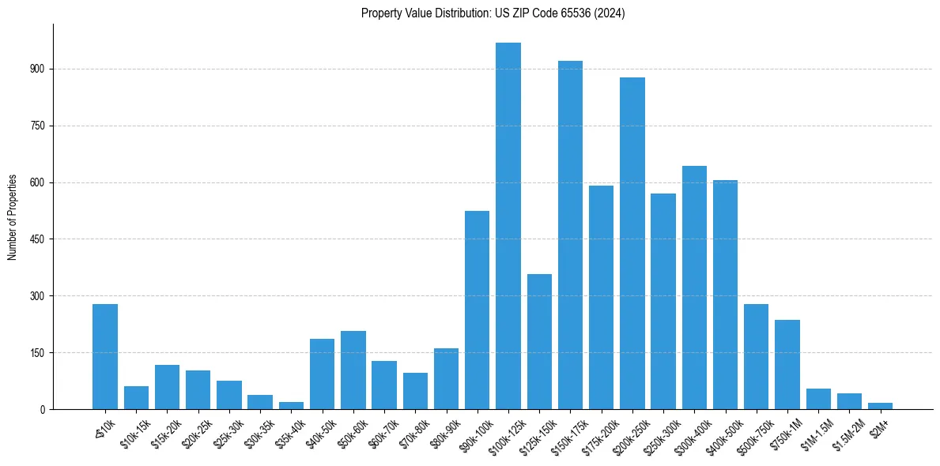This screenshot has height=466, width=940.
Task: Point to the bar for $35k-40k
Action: point(291,406)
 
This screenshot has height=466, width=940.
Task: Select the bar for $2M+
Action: point(880,406)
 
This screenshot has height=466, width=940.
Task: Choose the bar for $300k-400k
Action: point(694,287)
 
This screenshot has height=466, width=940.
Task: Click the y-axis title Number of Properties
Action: point(12,217)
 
